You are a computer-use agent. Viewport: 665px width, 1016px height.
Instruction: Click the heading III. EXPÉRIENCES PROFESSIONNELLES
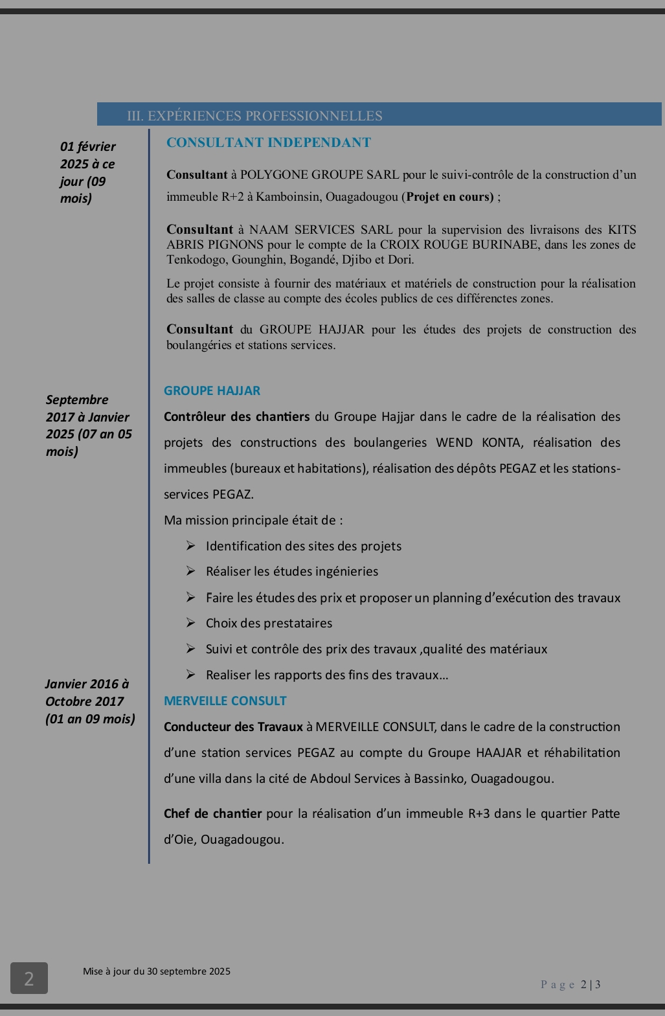(254, 116)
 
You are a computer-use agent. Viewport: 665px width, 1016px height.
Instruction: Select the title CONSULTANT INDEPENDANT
(269, 142)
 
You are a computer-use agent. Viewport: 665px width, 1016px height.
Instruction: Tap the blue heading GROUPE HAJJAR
(212, 391)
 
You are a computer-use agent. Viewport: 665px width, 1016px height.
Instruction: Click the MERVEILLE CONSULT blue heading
(225, 701)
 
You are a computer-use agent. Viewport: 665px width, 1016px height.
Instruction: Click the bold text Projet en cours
(449, 197)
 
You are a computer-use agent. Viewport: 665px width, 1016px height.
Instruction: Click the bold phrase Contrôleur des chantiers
(237, 417)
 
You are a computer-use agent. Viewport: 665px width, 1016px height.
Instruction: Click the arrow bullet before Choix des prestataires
(191, 623)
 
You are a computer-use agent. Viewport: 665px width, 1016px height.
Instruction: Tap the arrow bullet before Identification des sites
(191, 546)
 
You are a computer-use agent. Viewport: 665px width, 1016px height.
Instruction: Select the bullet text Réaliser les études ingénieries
(292, 572)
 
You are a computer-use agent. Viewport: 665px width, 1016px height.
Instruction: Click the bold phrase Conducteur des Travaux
(233, 727)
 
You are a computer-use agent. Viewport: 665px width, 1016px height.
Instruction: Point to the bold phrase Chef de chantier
(212, 814)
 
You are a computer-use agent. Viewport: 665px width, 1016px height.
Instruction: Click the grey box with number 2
(28, 978)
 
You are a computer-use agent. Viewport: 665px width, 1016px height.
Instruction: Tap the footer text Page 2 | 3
(570, 985)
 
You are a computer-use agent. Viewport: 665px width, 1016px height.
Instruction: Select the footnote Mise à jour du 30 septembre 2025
(157, 971)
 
